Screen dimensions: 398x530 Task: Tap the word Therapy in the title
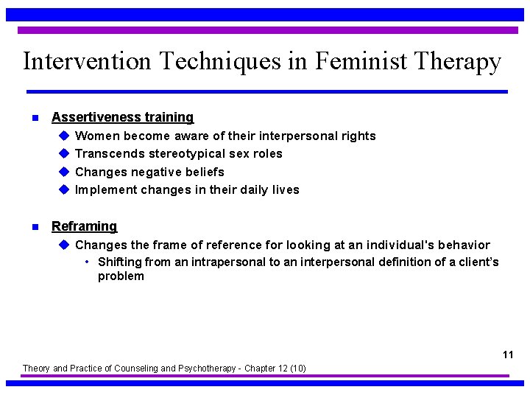click(x=458, y=61)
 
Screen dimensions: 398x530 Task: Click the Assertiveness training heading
click(x=122, y=117)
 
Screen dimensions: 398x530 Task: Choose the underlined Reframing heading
click(x=84, y=226)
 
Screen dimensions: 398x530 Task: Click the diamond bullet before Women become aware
click(x=64, y=136)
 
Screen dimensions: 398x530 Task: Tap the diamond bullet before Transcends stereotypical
click(x=64, y=153)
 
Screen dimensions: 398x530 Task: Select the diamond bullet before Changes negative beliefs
click(x=64, y=172)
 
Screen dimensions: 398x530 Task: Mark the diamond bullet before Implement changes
click(x=64, y=189)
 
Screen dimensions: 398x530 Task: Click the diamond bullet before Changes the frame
click(x=64, y=245)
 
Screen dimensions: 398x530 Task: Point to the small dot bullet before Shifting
click(x=88, y=262)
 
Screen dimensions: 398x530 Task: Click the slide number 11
click(x=508, y=355)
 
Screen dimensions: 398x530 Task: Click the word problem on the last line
click(x=121, y=277)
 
